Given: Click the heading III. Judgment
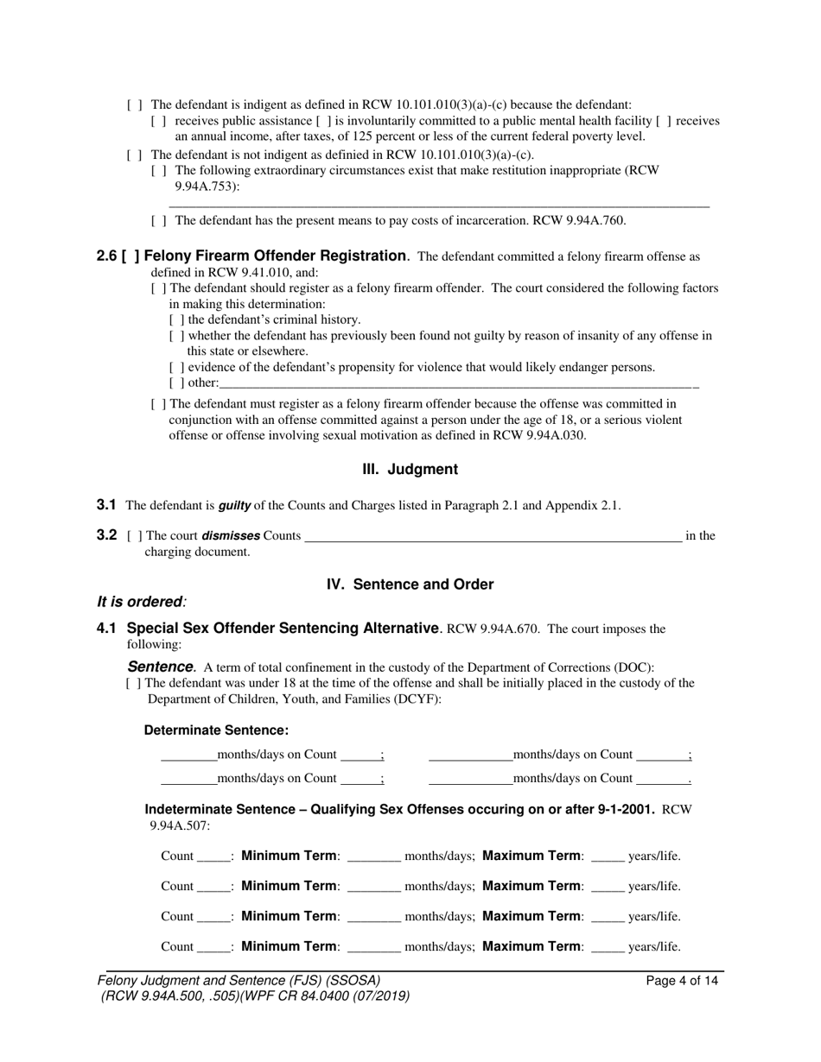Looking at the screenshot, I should click(410, 470).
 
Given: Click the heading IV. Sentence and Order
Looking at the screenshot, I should click(410, 585).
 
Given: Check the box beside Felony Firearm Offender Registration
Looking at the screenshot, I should click(130, 256).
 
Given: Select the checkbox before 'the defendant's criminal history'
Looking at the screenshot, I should click(176, 319).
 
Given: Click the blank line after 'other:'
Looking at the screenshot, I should click(458, 382).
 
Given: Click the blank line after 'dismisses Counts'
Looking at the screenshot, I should click(493, 536).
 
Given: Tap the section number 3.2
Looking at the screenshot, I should click(106, 535).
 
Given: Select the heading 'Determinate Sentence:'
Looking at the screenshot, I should click(216, 730).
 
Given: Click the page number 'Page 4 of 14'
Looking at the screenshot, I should click(682, 981).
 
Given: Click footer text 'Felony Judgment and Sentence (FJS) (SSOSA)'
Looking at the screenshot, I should click(239, 981).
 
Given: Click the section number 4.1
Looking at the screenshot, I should click(106, 629).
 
